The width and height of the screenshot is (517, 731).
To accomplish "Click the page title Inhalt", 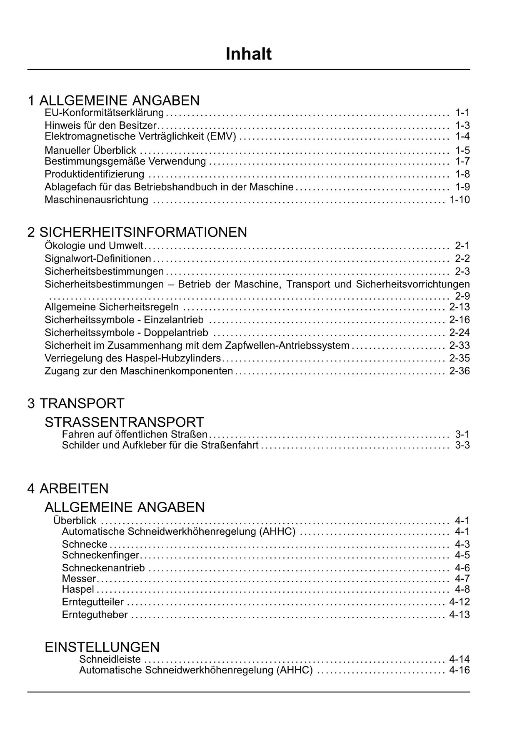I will pyautogui.click(x=248, y=54).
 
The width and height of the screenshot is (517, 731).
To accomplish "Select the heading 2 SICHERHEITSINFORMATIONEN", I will pyautogui.click(x=137, y=232).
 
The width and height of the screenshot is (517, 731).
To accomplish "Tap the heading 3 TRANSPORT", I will pyautogui.click(x=76, y=403).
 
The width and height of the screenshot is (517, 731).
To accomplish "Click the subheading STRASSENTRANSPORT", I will pyautogui.click(x=124, y=422).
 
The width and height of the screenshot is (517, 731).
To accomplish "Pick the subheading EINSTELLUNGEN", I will pyautogui.click(x=102, y=647).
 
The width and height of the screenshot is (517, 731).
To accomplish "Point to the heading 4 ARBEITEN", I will pyautogui.click(x=68, y=488).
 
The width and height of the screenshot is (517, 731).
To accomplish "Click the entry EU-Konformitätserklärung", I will pyautogui.click(x=104, y=113).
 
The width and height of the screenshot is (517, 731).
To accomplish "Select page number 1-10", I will pyautogui.click(x=460, y=200).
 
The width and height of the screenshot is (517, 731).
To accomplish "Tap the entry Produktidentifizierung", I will pyautogui.click(x=95, y=174).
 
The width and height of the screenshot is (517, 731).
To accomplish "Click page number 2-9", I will pyautogui.click(x=462, y=296).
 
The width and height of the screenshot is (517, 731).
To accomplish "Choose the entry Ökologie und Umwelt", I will pyautogui.click(x=94, y=246).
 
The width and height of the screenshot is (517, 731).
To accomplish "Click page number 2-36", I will pyautogui.click(x=460, y=371).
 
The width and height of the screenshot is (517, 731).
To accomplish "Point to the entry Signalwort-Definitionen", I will pyautogui.click(x=98, y=259).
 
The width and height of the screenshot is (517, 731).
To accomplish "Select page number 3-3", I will pyautogui.click(x=462, y=446).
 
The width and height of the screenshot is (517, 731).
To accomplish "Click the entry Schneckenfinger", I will pyautogui.click(x=100, y=555).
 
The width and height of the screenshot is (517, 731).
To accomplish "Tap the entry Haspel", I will pyautogui.click(x=78, y=589).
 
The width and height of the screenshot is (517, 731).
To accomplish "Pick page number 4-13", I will pyautogui.click(x=460, y=615).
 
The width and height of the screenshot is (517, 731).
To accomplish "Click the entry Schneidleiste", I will pyautogui.click(x=110, y=659).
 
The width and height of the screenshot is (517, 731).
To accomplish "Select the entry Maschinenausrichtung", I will pyautogui.click(x=96, y=200).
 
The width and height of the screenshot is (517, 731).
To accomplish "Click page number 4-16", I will pyautogui.click(x=460, y=670).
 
